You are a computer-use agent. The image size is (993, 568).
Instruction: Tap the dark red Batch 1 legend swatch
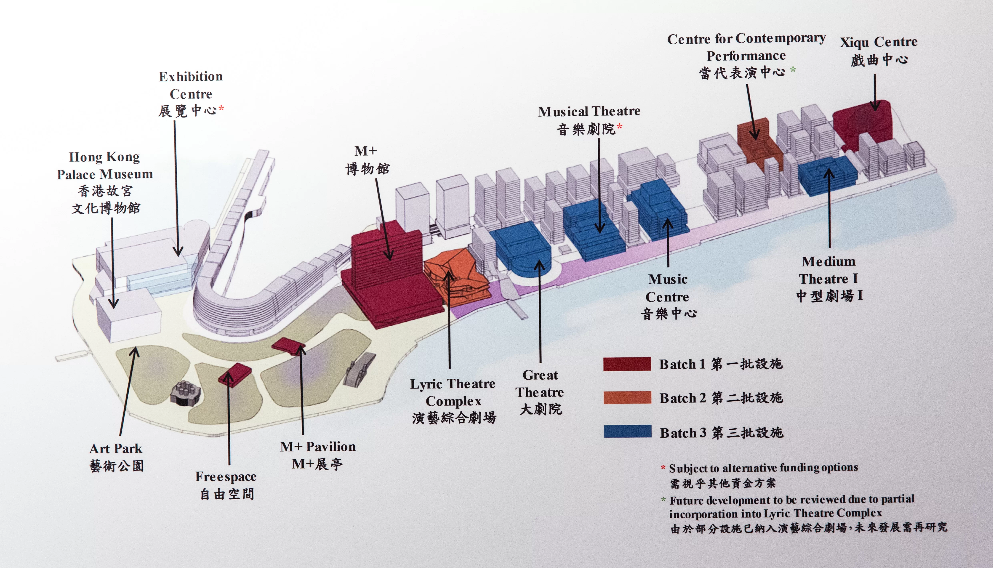(x=627, y=364)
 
